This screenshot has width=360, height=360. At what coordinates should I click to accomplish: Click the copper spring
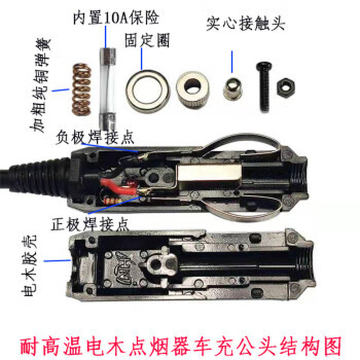coord(82,89)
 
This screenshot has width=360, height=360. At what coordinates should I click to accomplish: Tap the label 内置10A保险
coord(116,19)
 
